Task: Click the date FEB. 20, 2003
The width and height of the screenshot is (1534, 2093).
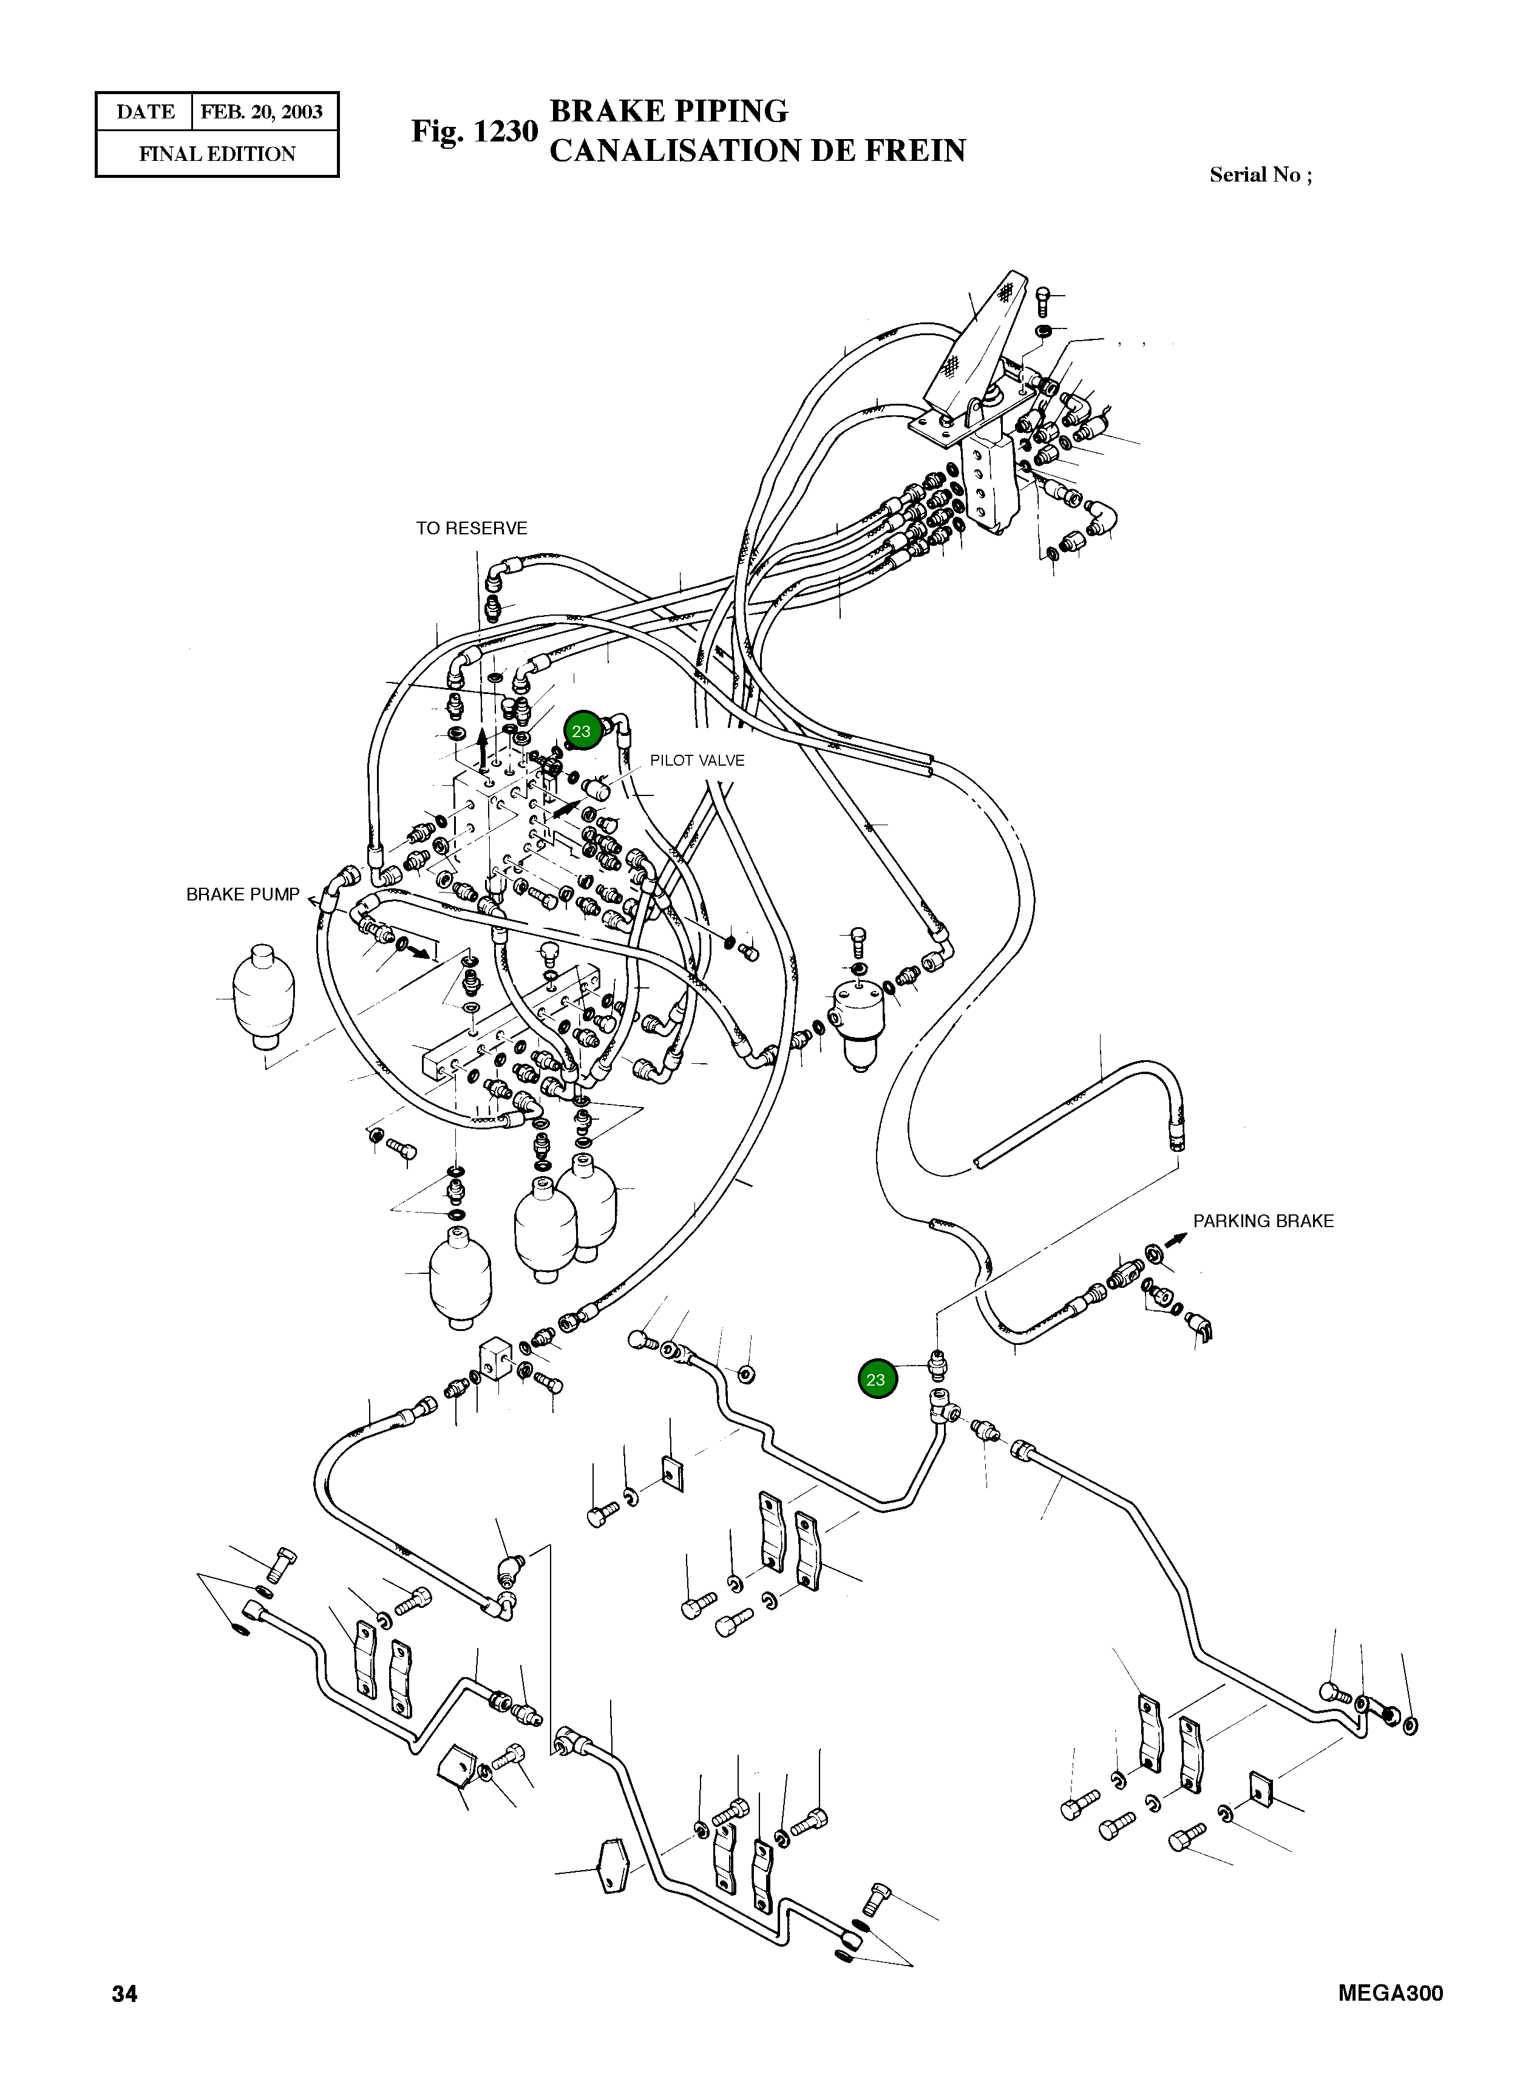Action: (x=262, y=112)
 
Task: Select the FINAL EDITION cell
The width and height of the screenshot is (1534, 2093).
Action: (x=217, y=154)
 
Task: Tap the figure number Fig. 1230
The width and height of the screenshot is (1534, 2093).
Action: (x=475, y=131)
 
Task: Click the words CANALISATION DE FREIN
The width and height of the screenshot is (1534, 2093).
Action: (x=758, y=151)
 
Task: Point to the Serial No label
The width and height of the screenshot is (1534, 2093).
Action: (x=1260, y=175)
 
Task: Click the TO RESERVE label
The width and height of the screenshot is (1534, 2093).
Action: (x=471, y=528)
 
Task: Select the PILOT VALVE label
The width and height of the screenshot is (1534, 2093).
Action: (x=696, y=760)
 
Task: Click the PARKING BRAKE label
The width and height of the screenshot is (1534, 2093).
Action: (x=1263, y=1221)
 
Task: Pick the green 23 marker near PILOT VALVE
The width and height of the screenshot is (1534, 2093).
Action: (x=582, y=732)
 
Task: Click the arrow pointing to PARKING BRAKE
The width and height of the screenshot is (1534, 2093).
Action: (x=1176, y=1240)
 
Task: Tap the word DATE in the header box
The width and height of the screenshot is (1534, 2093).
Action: (x=145, y=112)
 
